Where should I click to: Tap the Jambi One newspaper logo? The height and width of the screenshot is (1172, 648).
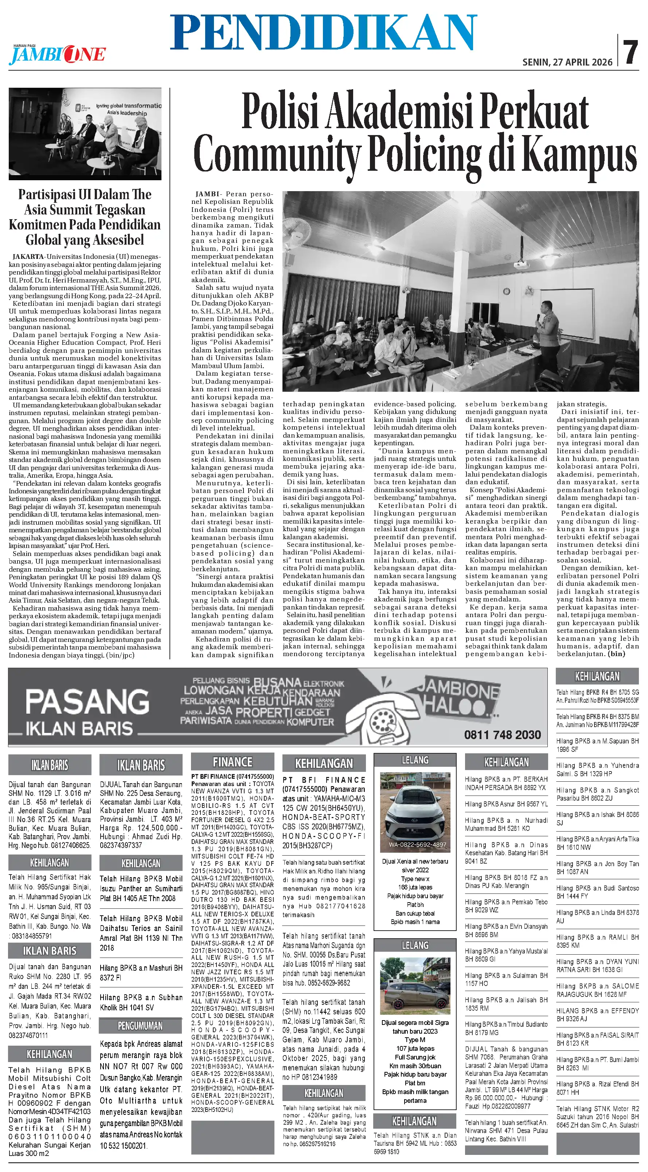pyautogui.click(x=57, y=55)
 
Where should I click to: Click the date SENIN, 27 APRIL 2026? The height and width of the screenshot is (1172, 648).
pyautogui.click(x=567, y=62)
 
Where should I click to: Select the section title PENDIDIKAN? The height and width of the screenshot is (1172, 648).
pyautogui.click(x=323, y=32)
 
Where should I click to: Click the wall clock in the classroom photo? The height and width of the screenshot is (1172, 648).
pyautogui.click(x=506, y=291)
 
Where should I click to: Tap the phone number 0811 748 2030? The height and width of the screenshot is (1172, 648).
pyautogui.click(x=502, y=735)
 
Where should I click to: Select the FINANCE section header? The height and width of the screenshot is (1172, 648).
pyautogui.click(x=232, y=762)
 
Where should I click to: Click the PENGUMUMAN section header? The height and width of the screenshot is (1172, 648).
pyautogui.click(x=140, y=1026)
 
